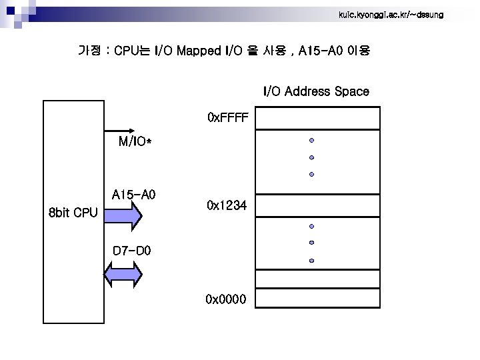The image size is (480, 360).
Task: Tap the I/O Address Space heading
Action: (316, 91)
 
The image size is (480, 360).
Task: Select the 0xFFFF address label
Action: (227, 118)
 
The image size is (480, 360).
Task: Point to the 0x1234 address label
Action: (227, 206)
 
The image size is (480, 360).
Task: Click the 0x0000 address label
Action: (227, 297)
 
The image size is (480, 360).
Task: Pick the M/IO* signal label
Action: (135, 142)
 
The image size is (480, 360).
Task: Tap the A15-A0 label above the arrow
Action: (133, 195)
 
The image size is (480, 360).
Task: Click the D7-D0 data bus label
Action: (132, 251)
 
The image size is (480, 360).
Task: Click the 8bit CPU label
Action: (73, 214)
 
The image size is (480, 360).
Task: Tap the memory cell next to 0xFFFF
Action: (317, 119)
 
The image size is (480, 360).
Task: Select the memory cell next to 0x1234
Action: (317, 206)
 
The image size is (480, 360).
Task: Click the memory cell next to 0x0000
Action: (317, 297)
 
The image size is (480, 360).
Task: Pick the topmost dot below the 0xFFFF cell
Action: (311, 141)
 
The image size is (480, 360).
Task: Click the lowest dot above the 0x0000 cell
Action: (311, 261)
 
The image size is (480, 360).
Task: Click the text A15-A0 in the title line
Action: (320, 51)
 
